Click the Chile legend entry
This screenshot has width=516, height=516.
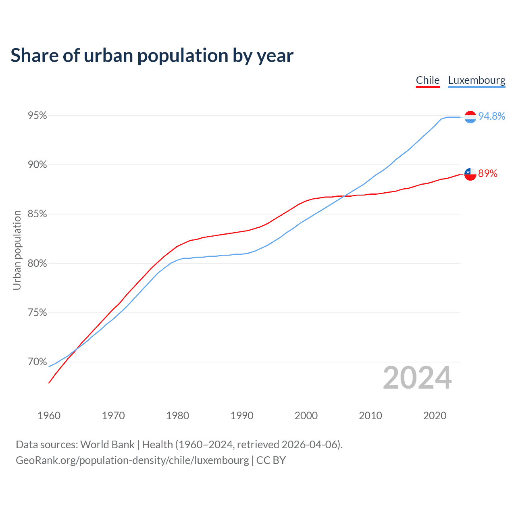tap(428, 80)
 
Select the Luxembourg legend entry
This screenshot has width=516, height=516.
tap(476, 80)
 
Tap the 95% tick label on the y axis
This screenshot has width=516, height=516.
tap(37, 116)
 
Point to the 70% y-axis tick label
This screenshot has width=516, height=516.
tap(37, 362)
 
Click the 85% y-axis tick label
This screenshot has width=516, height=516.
tap(37, 214)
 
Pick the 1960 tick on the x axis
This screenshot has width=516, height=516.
tap(49, 416)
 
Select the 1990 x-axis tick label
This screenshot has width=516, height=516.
tap(242, 416)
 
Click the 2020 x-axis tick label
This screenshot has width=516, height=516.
tap(435, 416)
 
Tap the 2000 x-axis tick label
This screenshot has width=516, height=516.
tap(306, 416)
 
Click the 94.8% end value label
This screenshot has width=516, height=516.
tap(491, 116)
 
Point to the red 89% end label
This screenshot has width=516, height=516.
tap(487, 174)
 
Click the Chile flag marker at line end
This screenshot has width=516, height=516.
tap(470, 174)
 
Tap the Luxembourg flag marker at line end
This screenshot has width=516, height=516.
tap(470, 117)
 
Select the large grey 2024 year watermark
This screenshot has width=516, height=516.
tap(417, 378)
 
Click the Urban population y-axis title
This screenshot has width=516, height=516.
tap(17, 250)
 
